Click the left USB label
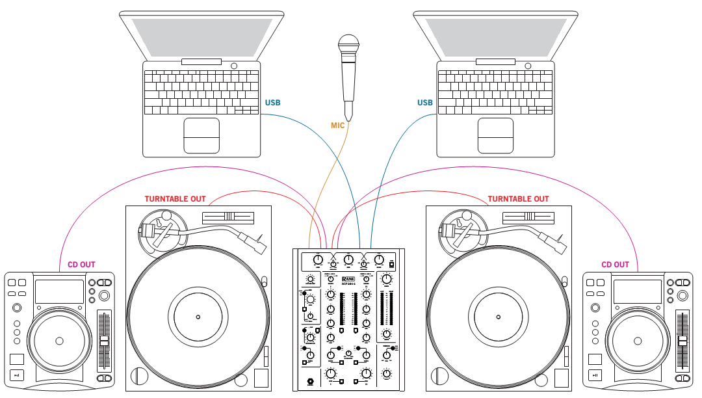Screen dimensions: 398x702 [273, 103]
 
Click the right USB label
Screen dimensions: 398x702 [424, 103]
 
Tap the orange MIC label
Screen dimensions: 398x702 [337, 126]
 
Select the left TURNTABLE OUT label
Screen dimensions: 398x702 [175, 199]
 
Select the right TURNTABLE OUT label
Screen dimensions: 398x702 [518, 199]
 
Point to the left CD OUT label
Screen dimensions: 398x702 [81, 265]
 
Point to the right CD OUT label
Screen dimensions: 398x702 [615, 265]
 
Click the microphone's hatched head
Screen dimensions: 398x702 [348, 46]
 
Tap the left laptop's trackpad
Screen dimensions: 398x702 [201, 136]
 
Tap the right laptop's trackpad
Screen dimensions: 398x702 [495, 136]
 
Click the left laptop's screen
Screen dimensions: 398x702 [202, 36]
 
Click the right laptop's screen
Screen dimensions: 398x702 [496, 36]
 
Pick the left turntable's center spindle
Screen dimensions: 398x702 [198, 317]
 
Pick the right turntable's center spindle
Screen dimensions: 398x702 [499, 317]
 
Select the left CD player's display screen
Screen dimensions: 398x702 [59, 291]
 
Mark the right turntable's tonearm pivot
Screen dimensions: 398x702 [457, 227]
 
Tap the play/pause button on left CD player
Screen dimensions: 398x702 [18, 375]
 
